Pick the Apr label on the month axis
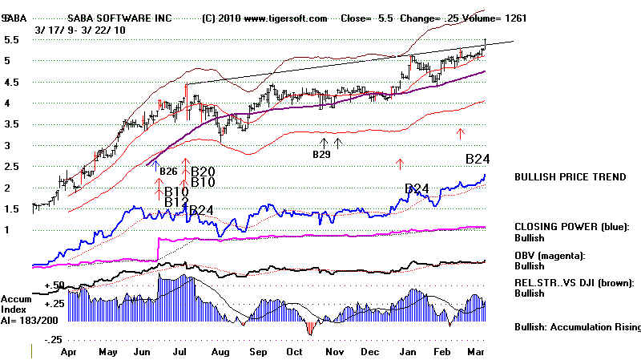pyautogui.click(x=70, y=351)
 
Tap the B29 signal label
pyautogui.click(x=321, y=154)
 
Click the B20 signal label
pyautogui.click(x=203, y=171)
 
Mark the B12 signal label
pyautogui.click(x=176, y=203)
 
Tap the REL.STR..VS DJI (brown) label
pyautogui.click(x=575, y=282)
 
